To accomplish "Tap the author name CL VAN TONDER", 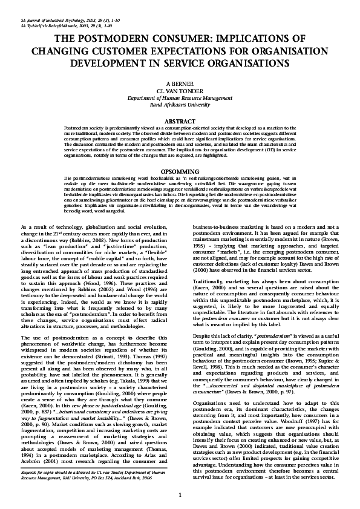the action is [x=180, y=90].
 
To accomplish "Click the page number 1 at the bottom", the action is [x=180, y=496].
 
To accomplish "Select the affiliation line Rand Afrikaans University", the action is [x=180, y=104].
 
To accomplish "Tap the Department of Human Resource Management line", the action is [x=180, y=97].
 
